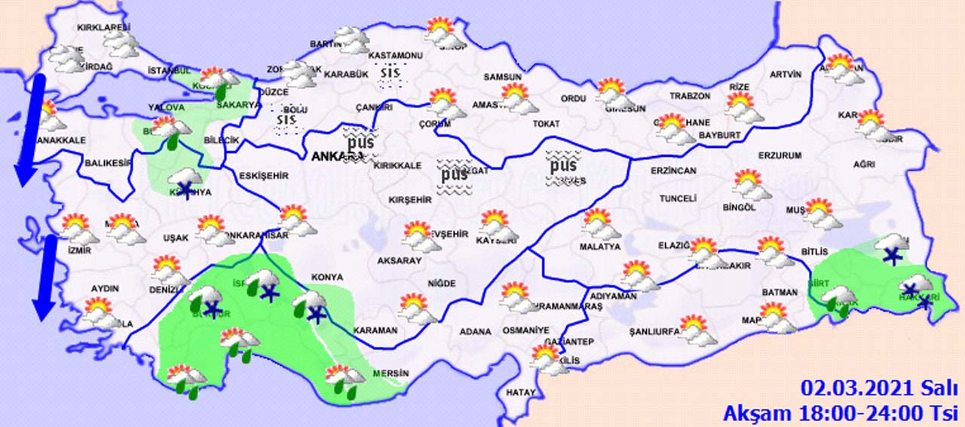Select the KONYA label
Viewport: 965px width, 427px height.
click(327, 277)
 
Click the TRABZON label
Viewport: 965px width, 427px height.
click(690, 96)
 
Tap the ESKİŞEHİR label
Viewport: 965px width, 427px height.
click(263, 176)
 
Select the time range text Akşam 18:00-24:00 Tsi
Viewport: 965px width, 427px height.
click(841, 413)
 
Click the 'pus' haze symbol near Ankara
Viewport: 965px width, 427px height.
click(360, 141)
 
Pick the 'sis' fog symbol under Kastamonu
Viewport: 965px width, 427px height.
click(390, 72)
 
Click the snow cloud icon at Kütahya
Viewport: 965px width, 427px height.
click(185, 181)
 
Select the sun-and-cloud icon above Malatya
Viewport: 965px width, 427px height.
click(599, 223)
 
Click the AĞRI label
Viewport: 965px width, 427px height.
click(864, 164)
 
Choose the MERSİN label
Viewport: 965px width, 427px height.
click(394, 373)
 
